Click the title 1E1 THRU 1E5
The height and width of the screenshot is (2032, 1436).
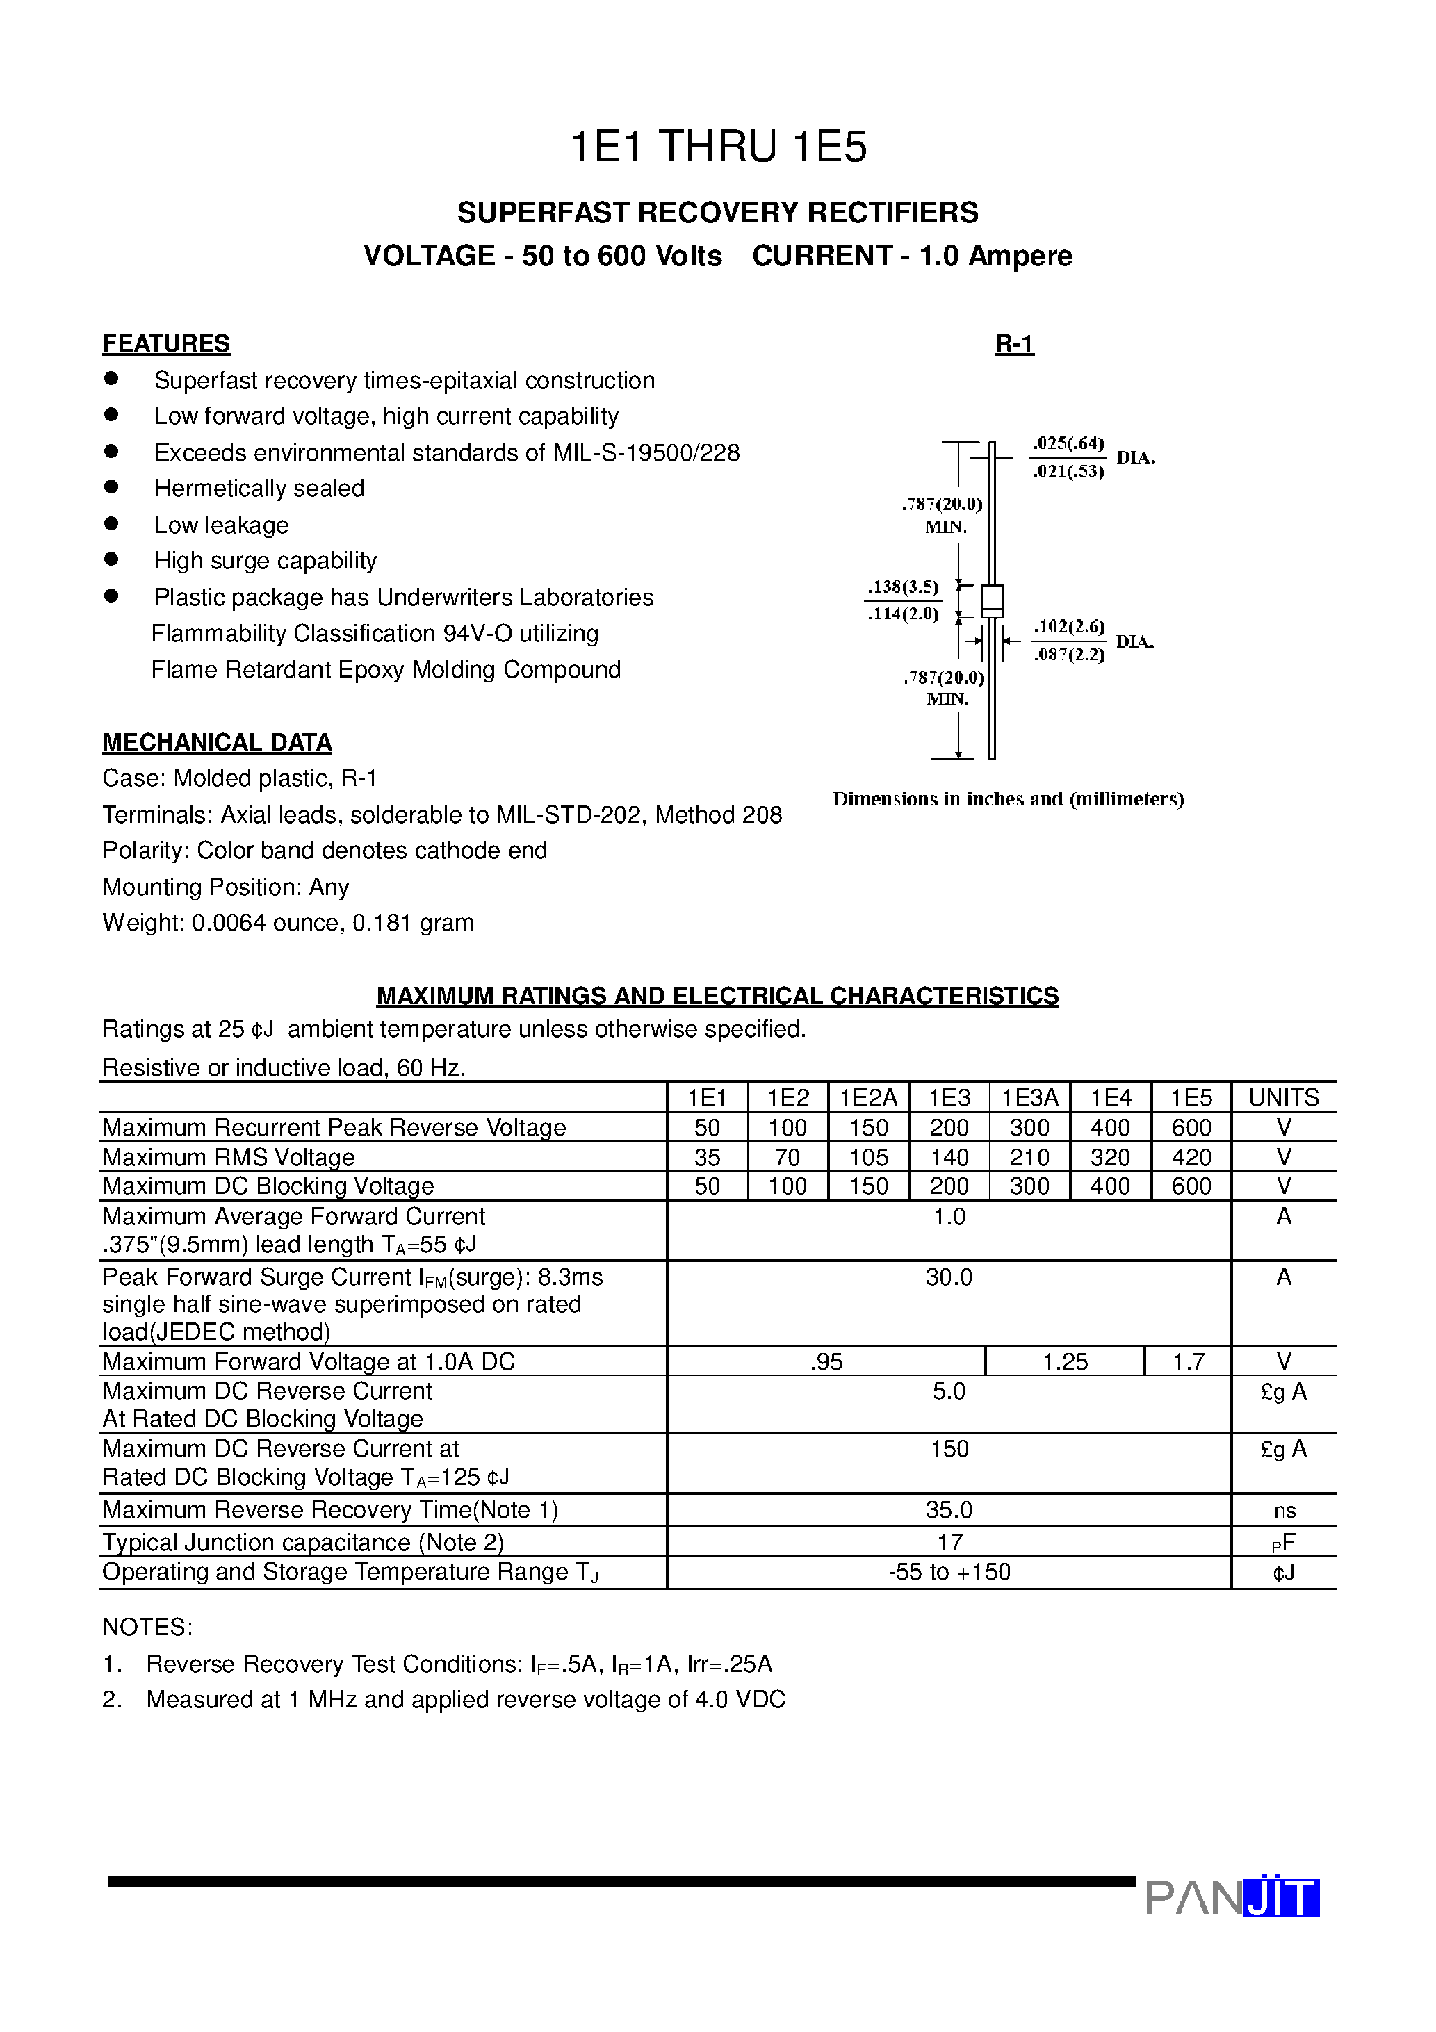717,147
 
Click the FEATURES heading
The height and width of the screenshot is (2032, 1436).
165,343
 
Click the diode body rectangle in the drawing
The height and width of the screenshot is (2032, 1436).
992,601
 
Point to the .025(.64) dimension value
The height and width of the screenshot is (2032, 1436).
1068,443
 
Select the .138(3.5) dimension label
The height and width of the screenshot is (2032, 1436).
902,587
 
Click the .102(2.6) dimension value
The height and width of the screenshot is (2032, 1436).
1068,627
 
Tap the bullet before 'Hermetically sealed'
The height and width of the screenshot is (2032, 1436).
111,486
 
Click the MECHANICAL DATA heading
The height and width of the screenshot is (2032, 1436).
217,741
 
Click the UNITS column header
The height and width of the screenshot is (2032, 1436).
1283,1097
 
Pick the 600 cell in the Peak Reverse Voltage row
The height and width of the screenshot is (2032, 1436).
1191,1127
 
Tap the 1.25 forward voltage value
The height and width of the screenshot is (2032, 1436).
1064,1361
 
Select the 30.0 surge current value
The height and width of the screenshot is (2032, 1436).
948,1277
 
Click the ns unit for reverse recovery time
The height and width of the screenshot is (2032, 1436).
1284,1511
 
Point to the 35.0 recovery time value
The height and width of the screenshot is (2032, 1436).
948,1510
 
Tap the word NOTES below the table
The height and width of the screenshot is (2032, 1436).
147,1627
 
